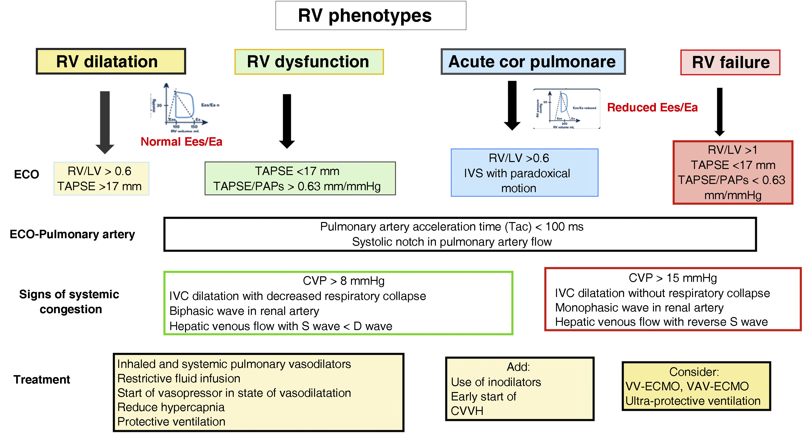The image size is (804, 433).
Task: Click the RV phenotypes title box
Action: tap(371, 16)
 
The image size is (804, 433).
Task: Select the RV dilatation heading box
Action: tap(111, 61)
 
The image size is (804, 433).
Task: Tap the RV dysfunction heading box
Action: tap(309, 62)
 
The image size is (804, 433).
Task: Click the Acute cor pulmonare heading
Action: tap(533, 62)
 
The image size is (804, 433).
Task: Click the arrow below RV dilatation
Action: tap(105, 122)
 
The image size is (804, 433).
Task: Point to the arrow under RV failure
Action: tap(719, 111)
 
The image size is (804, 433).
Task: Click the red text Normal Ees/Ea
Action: tap(181, 142)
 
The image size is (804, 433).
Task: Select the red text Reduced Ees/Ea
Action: tap(652, 107)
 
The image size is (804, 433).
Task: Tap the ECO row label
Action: tap(27, 174)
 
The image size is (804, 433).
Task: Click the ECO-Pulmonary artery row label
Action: tap(72, 234)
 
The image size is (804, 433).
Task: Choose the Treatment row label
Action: tap(41, 379)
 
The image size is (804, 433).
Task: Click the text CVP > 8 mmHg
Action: tap(343, 281)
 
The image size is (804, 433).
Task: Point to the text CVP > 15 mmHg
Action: tap(673, 278)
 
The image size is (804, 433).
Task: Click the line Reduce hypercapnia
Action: tap(171, 407)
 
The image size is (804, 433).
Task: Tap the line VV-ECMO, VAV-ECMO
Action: tap(687, 386)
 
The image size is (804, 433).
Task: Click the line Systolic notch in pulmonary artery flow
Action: tap(452, 242)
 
